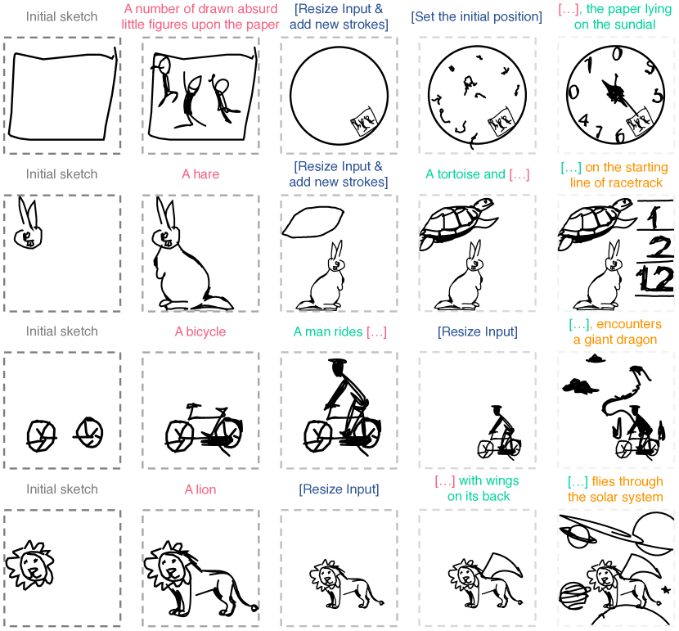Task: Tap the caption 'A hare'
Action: pos(200,174)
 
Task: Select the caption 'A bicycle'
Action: pos(200,331)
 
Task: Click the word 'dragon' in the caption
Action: pos(638,340)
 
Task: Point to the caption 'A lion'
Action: pos(200,489)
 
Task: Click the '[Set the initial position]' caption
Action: pos(476,17)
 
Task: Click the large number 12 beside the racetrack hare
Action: pos(656,279)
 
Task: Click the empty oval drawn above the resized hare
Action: pos(313,222)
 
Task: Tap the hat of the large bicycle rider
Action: pos(337,361)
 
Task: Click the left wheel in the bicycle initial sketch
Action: pos(41,435)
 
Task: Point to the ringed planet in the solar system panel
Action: pos(578,536)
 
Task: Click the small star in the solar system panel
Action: pos(666,590)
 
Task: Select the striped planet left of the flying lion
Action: pos(573,595)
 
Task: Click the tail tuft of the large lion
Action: pos(254,607)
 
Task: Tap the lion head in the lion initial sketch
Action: pos(30,566)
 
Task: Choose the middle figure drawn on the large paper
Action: pos(190,101)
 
